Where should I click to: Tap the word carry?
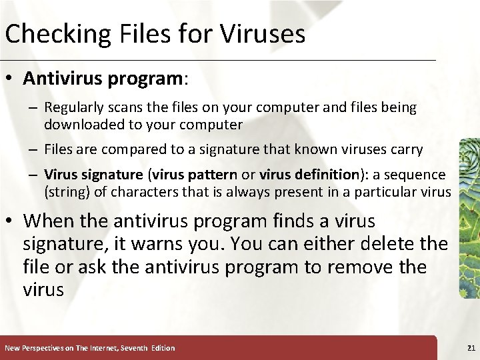pos(405,149)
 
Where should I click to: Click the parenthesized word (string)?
pos(65,193)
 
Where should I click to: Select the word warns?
pos(213,244)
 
